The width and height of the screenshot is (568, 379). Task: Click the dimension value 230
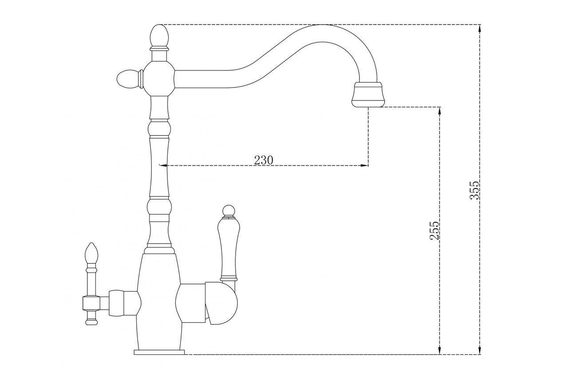(x=264, y=160)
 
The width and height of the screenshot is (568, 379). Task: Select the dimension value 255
(x=434, y=231)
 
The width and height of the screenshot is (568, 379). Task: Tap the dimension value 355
(x=474, y=190)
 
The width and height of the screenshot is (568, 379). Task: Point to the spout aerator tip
(x=368, y=95)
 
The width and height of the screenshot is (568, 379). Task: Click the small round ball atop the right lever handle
(x=229, y=211)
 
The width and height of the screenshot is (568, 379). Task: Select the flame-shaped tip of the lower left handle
(x=91, y=254)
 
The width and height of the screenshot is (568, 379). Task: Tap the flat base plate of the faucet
(x=159, y=352)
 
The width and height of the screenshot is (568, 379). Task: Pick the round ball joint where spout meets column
(x=159, y=79)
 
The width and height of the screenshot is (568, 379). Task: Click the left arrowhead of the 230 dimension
(x=163, y=166)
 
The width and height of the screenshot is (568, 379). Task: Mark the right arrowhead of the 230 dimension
(x=365, y=166)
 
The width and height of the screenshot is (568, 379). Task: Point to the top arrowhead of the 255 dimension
(x=440, y=111)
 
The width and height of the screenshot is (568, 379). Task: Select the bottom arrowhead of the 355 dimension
(x=479, y=351)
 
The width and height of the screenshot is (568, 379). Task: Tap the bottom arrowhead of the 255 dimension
(x=440, y=351)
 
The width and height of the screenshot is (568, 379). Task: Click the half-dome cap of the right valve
(x=221, y=303)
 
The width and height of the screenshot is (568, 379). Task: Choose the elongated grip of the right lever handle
(x=229, y=249)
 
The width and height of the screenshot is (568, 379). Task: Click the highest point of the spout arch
(x=322, y=24)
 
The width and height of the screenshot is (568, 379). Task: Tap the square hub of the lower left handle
(x=91, y=303)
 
